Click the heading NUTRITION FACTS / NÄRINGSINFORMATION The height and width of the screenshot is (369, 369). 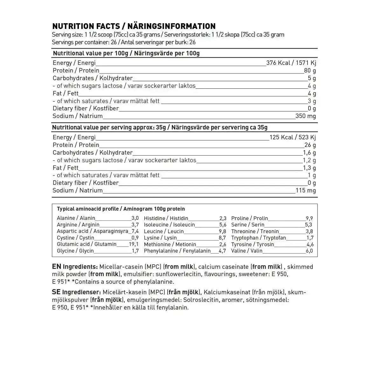(134, 26)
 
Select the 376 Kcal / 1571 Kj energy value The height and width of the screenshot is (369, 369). (291, 63)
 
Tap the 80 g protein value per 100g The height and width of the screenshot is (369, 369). (310, 71)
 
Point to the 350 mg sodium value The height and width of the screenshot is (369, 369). (305, 116)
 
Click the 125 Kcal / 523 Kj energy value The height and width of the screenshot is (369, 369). (293, 137)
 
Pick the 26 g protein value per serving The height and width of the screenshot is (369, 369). (310, 145)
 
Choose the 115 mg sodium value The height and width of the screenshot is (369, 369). (305, 191)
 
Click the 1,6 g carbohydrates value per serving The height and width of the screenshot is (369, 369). (309, 153)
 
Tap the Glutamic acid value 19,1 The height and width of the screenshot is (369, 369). (134, 244)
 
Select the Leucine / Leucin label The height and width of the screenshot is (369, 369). (164, 231)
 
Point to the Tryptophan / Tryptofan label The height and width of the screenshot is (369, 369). (258, 238)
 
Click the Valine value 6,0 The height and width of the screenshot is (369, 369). (309, 251)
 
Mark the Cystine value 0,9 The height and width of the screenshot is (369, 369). (135, 238)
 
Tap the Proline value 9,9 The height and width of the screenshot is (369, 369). (309, 218)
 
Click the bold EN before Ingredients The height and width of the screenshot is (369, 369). (57, 267)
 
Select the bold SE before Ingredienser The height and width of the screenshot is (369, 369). (56, 292)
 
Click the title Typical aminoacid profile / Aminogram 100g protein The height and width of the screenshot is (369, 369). (121, 209)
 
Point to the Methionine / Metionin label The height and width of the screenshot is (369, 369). (170, 244)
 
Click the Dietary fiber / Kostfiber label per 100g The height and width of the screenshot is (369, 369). (86, 108)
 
